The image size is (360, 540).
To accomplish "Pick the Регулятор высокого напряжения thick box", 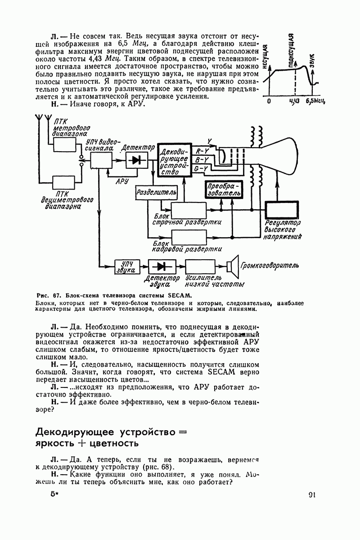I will click(x=283, y=210).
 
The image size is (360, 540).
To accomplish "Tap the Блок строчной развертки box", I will click(x=188, y=210).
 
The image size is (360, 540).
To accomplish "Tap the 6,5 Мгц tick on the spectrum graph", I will click(x=315, y=101).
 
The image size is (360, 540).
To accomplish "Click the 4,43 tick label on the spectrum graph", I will click(x=294, y=101).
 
